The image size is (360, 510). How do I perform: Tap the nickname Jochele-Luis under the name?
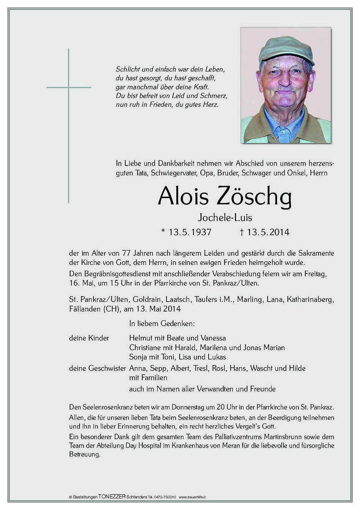tap(225, 218)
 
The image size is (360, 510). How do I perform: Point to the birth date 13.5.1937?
tap(190, 232)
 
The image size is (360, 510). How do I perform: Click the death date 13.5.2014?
tap(268, 232)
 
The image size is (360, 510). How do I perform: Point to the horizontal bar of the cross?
tap(69, 87)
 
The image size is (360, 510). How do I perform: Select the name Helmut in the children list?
tap(142, 338)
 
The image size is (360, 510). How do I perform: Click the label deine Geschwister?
tap(98, 368)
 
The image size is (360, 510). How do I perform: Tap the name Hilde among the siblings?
tap(297, 368)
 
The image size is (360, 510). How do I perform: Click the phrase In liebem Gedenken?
tap(161, 324)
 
